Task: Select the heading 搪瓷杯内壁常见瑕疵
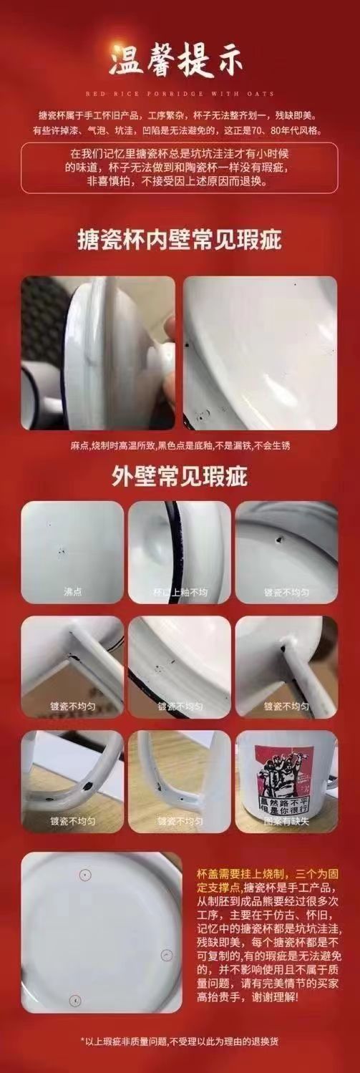click(x=180, y=241)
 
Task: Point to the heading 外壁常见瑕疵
click(x=180, y=476)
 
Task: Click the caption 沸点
click(x=72, y=592)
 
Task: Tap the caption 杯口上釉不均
click(x=179, y=592)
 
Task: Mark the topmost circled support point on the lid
click(x=85, y=875)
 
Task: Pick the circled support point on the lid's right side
click(x=166, y=955)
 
